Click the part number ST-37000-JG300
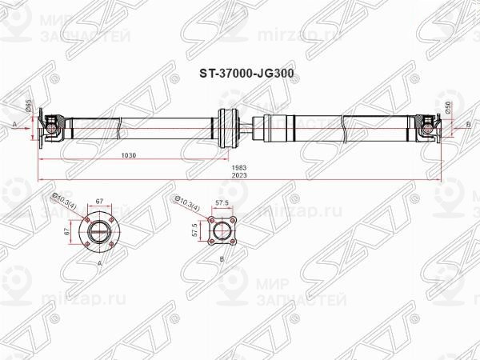click(239, 70)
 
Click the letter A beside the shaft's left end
click(15, 125)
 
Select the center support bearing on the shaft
click(227, 125)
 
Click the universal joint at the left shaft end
click(51, 125)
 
